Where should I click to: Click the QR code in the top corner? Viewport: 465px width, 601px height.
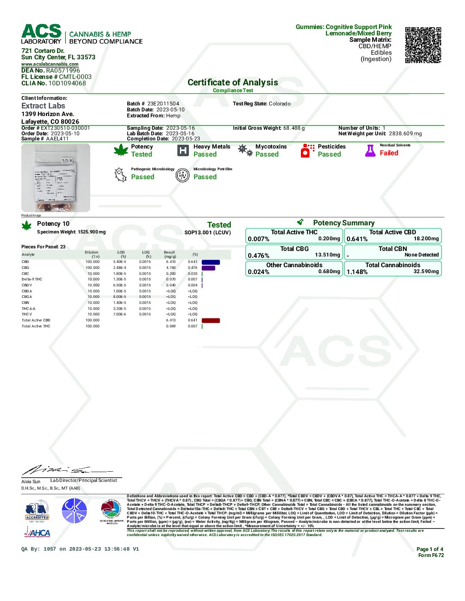pos(423,45)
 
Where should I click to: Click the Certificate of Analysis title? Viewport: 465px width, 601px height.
pos(232,82)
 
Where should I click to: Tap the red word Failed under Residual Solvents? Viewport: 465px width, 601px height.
pos(389,153)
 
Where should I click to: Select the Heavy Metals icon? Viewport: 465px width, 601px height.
pos(183,150)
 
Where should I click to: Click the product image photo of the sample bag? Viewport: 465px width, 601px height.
pos(56,178)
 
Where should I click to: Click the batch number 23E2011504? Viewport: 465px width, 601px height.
pos(163,104)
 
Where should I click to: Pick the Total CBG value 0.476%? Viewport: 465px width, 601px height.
pos(259,256)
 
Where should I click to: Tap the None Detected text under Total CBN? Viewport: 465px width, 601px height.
pos(421,255)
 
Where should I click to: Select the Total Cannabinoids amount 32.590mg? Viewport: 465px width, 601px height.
pos(426,271)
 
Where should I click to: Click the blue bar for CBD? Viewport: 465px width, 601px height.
pos(211,262)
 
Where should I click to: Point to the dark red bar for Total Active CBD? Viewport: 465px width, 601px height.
pos(211,321)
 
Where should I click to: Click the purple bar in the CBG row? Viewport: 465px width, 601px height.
pos(208,268)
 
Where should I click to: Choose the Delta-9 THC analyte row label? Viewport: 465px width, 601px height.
pos(32,280)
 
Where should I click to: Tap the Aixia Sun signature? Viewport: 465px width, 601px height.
pos(60,470)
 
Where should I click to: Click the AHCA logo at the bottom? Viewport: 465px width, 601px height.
pos(37,532)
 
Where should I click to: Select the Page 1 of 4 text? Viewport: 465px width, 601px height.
pos(430,549)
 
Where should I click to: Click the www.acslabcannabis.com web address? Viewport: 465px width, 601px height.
pos(50,64)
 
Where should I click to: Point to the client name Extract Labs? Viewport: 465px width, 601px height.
pos(43,106)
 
